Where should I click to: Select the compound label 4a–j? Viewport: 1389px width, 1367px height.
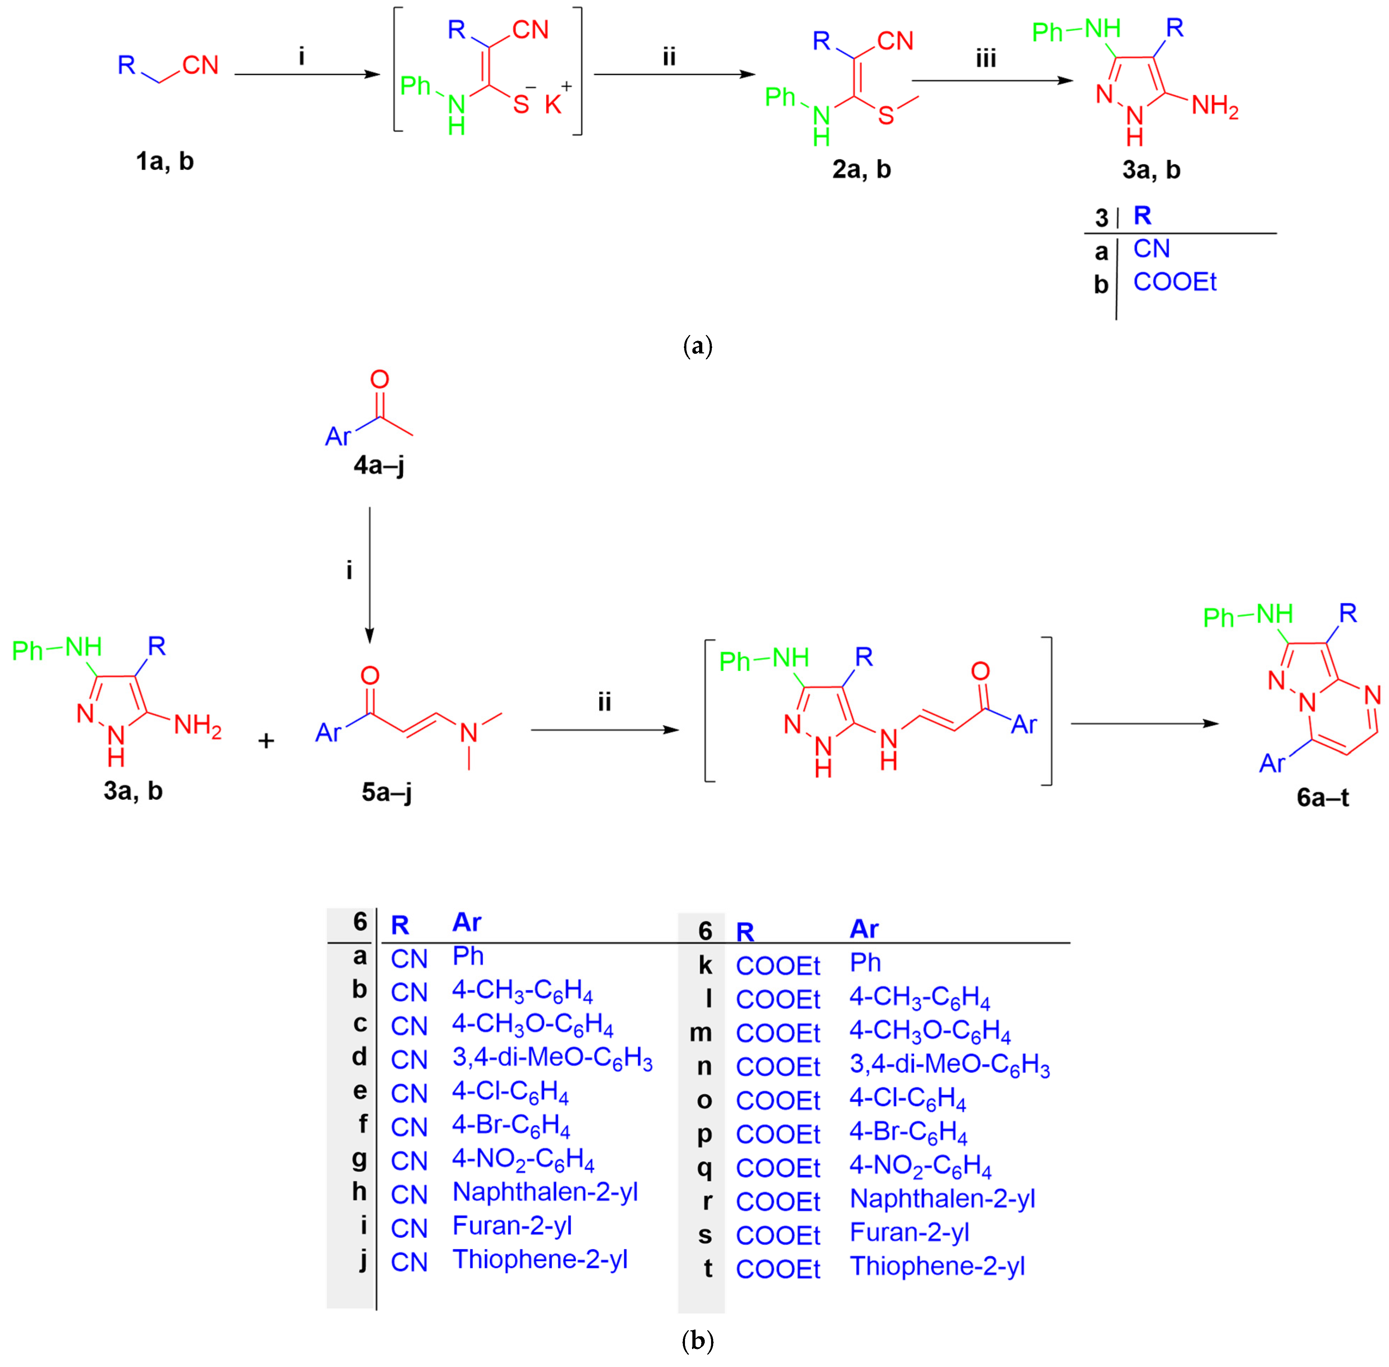click(378, 465)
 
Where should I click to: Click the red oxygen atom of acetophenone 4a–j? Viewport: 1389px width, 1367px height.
click(379, 379)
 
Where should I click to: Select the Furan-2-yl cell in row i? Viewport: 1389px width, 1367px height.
click(512, 1225)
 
